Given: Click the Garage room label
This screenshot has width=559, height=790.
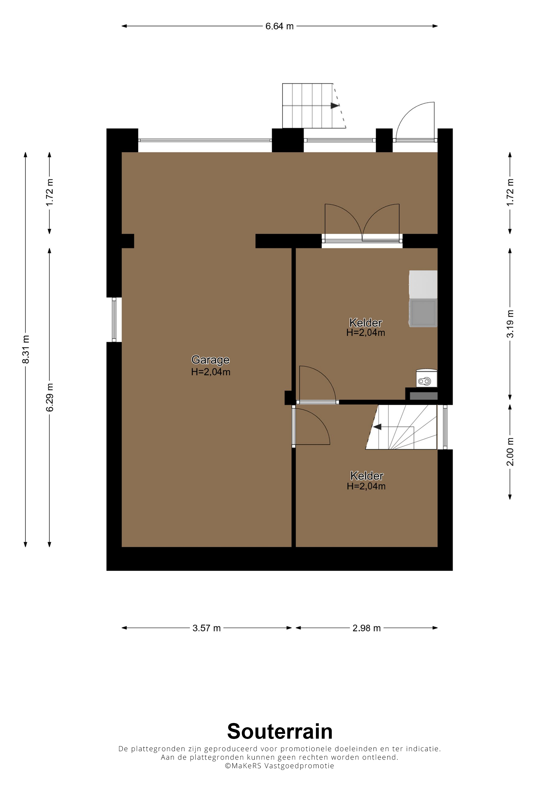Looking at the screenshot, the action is coord(211,360).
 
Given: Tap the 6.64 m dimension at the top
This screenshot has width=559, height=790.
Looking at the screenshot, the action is coord(279,26).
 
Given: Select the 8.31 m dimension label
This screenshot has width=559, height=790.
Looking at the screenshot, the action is coord(26,349).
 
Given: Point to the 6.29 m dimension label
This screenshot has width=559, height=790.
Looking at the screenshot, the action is coord(50,398).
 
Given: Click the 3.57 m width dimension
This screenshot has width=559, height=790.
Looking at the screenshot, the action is coord(206,628).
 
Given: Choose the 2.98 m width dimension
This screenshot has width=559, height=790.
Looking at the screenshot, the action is coord(367,628).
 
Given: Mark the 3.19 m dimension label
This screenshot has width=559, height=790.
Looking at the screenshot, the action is coord(510,324).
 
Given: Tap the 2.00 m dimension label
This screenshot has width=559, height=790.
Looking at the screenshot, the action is coord(510,452).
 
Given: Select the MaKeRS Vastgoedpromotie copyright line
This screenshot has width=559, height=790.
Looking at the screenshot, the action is coord(279,766).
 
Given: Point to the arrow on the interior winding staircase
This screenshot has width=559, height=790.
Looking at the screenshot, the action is coord(377,427).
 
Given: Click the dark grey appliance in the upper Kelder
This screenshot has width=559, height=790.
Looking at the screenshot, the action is coord(423,313).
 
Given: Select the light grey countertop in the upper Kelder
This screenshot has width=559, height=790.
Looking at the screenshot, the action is coord(423,284).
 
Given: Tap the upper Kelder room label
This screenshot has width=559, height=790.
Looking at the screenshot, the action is coord(366,323).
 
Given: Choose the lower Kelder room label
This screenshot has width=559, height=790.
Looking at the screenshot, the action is coord(367,476).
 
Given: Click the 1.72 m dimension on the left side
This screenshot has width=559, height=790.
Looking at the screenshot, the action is coord(50,193).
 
